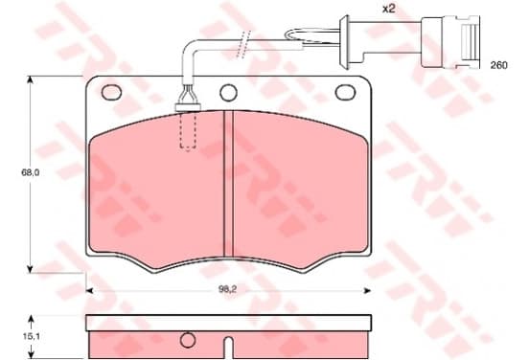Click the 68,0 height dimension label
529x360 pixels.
coord(31,172)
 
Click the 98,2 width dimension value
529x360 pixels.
coord(227,289)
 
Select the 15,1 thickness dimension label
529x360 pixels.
coord(32,336)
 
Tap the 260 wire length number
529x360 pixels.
coord(498,65)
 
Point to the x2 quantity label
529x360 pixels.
coord(388,9)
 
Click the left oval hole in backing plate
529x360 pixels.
coord(111,92)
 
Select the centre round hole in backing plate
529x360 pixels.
coord(228,92)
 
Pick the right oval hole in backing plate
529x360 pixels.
coord(345,92)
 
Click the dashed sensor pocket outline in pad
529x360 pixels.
coord(188,130)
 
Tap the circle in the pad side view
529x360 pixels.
coord(188,340)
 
